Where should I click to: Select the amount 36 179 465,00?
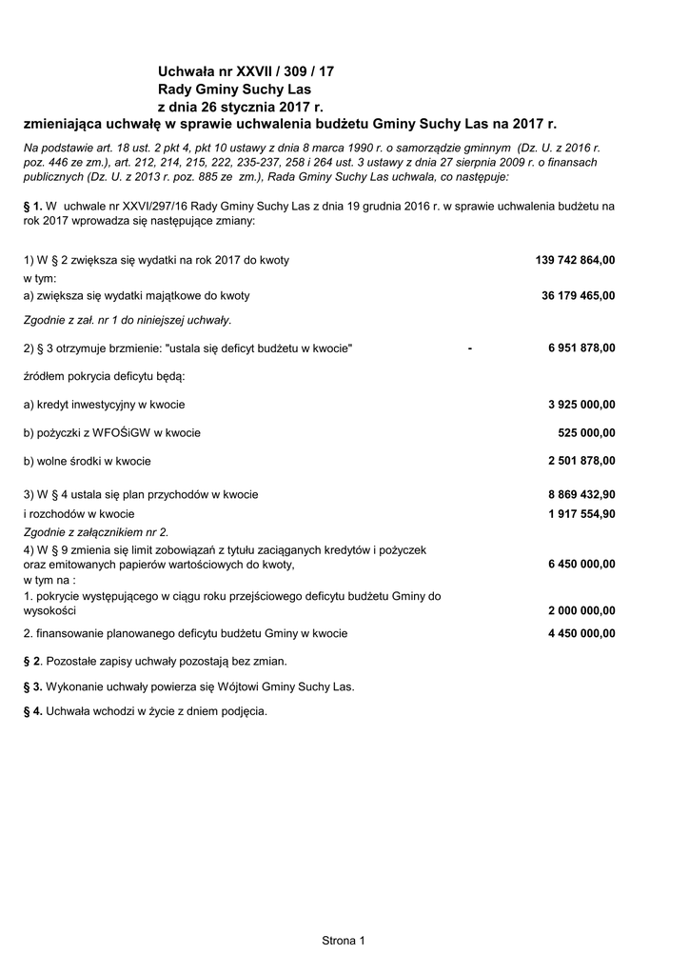tap(578, 295)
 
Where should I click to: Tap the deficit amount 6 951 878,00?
tap(581, 348)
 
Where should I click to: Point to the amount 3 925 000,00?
tap(581, 404)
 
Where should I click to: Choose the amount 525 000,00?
tap(586, 432)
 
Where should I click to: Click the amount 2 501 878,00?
tap(581, 461)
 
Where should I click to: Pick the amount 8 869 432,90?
tap(581, 494)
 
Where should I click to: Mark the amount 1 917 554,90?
tap(581, 513)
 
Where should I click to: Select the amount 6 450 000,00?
tap(581, 564)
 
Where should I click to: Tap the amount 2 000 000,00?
tap(581, 610)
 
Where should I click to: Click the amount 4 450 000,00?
tap(581, 633)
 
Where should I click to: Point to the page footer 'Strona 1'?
tap(344, 941)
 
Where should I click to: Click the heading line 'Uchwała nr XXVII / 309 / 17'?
tap(246, 71)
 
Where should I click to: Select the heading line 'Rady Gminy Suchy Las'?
tap(227, 89)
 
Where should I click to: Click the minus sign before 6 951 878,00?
tap(470, 348)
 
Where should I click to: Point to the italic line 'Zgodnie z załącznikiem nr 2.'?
tap(96, 532)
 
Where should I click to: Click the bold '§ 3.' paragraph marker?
tap(33, 686)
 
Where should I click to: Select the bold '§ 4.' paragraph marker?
tap(33, 710)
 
